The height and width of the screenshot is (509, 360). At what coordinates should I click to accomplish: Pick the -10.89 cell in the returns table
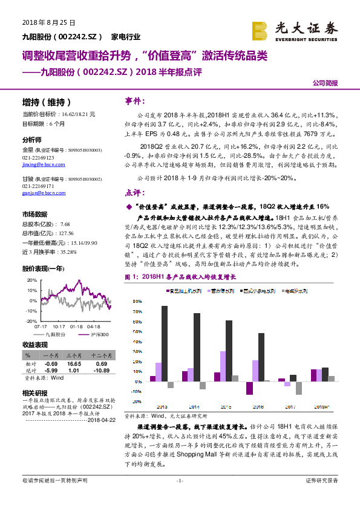point(100,369)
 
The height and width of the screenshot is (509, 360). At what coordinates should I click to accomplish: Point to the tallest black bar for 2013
point(165,343)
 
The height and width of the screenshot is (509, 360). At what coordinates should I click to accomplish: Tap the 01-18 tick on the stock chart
point(76,326)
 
